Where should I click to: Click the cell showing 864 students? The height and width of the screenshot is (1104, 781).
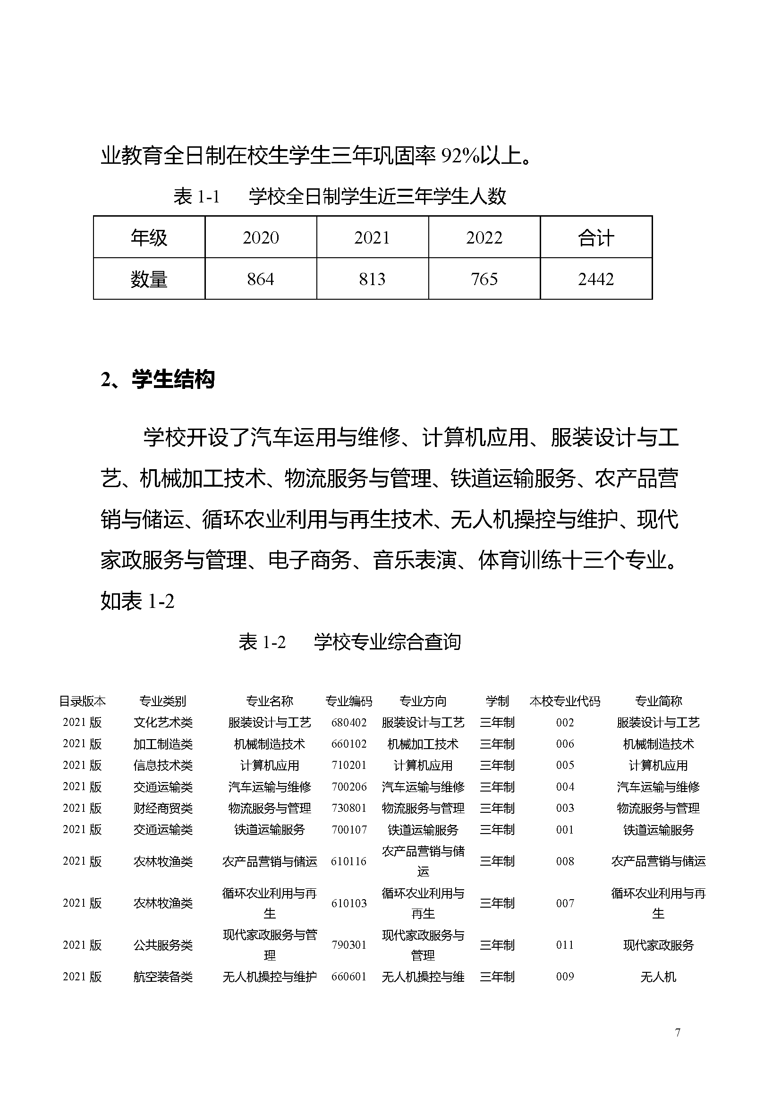pyautogui.click(x=260, y=279)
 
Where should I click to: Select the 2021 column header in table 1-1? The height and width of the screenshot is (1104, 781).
pyautogui.click(x=372, y=237)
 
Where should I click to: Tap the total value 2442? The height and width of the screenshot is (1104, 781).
pyautogui.click(x=595, y=279)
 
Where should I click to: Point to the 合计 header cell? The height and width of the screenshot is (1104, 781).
pyautogui.click(x=595, y=237)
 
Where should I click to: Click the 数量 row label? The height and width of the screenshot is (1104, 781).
pyautogui.click(x=149, y=279)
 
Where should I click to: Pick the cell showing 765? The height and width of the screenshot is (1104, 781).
pyautogui.click(x=484, y=279)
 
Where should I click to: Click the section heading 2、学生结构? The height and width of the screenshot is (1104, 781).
pyautogui.click(x=158, y=379)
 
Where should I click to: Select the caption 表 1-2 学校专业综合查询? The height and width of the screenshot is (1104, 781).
pyautogui.click(x=349, y=641)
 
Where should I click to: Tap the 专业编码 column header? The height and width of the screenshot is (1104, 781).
pyautogui.click(x=348, y=701)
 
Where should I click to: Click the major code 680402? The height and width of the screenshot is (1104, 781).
pyautogui.click(x=348, y=722)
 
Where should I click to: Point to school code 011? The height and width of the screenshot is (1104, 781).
pyautogui.click(x=565, y=945)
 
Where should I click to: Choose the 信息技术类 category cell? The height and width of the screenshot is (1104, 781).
pyautogui.click(x=163, y=765)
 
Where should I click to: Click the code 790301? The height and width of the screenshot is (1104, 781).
pyautogui.click(x=348, y=945)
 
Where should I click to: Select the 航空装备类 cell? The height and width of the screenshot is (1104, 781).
pyautogui.click(x=163, y=977)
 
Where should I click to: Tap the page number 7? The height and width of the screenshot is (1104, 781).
pyautogui.click(x=677, y=1032)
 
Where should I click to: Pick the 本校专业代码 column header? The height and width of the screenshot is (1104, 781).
pyautogui.click(x=565, y=701)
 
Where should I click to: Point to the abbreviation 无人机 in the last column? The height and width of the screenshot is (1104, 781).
pyautogui.click(x=658, y=977)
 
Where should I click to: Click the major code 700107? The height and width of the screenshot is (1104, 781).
pyautogui.click(x=348, y=829)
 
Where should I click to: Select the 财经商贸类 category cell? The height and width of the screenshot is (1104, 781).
pyautogui.click(x=163, y=808)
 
